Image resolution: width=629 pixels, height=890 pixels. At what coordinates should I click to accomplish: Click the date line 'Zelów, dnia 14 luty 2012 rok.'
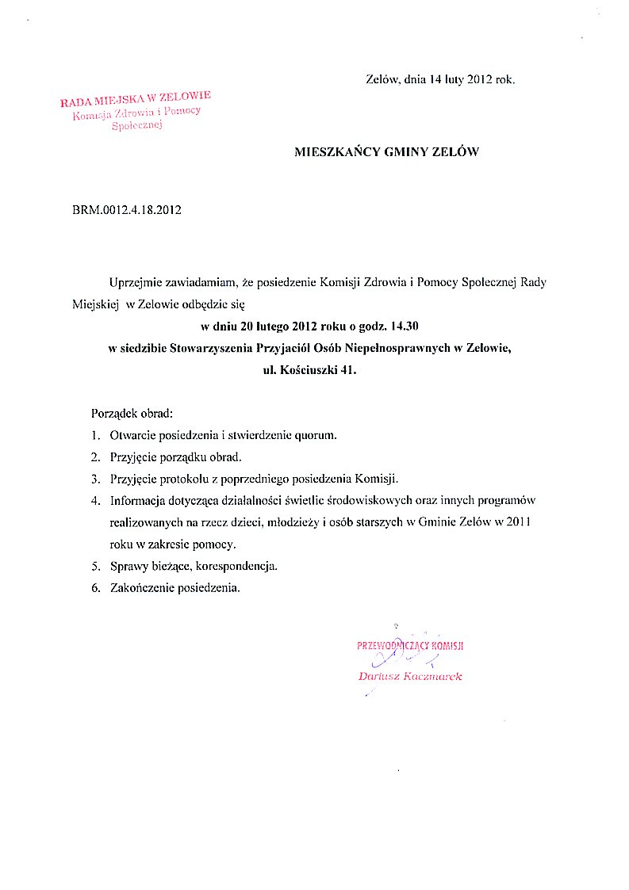[441, 79]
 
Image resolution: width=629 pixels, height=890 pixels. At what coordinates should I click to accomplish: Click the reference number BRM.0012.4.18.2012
[127, 210]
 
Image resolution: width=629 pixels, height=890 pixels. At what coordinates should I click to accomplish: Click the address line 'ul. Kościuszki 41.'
[305, 369]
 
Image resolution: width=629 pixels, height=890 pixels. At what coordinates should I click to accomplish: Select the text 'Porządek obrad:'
[132, 414]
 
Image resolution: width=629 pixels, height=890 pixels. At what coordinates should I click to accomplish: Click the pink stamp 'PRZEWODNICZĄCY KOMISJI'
[410, 645]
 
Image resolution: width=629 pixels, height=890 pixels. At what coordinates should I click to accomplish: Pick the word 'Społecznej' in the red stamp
[136, 126]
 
